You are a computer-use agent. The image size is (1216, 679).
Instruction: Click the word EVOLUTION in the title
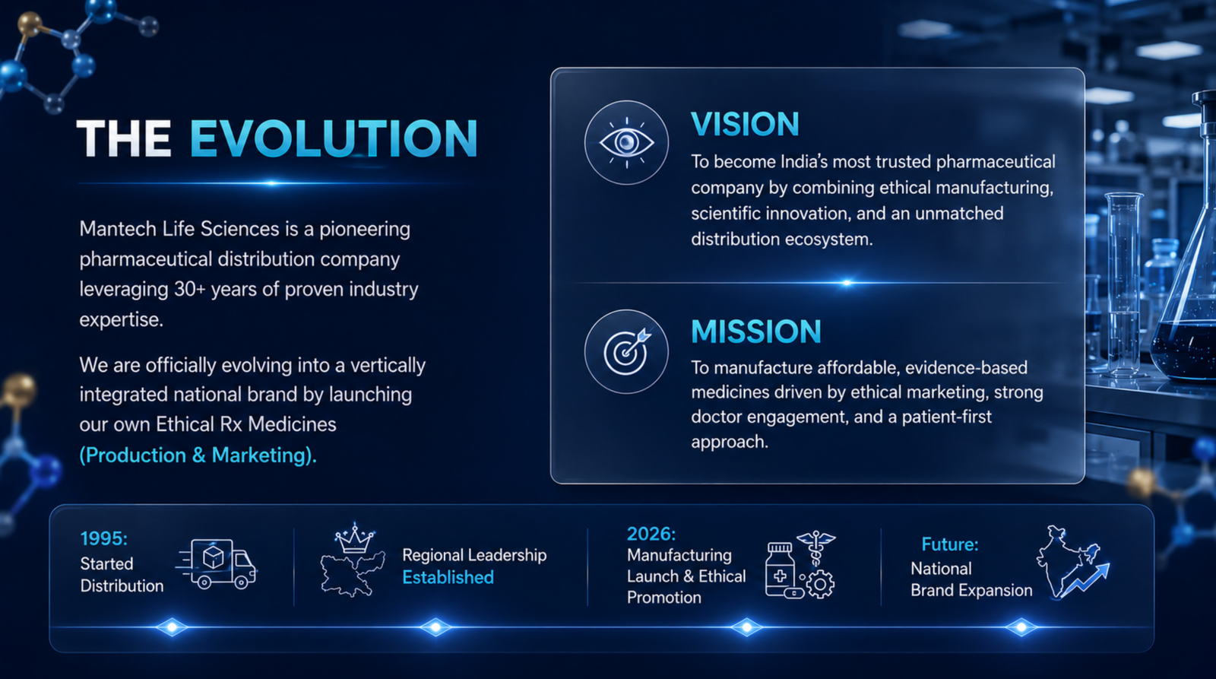pos(334,138)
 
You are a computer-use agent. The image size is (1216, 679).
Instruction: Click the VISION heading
pos(745,124)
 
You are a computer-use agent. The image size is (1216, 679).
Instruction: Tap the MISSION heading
pos(756,332)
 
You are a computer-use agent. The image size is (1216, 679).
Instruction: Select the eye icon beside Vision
pos(626,143)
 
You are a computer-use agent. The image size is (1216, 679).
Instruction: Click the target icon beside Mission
pos(626,352)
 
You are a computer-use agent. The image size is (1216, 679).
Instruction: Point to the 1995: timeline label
pos(103,538)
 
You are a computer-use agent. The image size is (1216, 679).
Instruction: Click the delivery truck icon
pos(216,564)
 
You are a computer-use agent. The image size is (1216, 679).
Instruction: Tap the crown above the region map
pos(354,538)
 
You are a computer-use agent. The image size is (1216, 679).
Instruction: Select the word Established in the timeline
pos(448,577)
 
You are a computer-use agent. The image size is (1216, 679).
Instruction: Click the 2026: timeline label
pos(651,534)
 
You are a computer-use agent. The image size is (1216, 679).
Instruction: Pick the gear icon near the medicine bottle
pos(820,585)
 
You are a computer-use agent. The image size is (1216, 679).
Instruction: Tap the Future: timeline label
pos(950,544)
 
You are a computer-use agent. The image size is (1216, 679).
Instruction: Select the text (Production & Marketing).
pos(198,455)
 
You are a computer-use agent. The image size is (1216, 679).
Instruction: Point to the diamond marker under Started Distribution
pos(172,627)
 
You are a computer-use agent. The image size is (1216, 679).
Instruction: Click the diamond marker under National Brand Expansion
pos(1021,627)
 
